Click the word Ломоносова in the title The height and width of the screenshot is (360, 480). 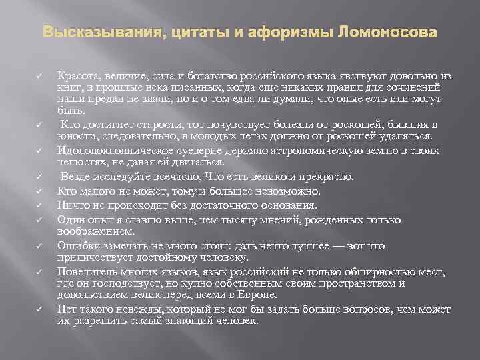point(391,32)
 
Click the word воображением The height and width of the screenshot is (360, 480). point(96,231)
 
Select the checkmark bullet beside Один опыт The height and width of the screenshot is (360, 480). point(39,220)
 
